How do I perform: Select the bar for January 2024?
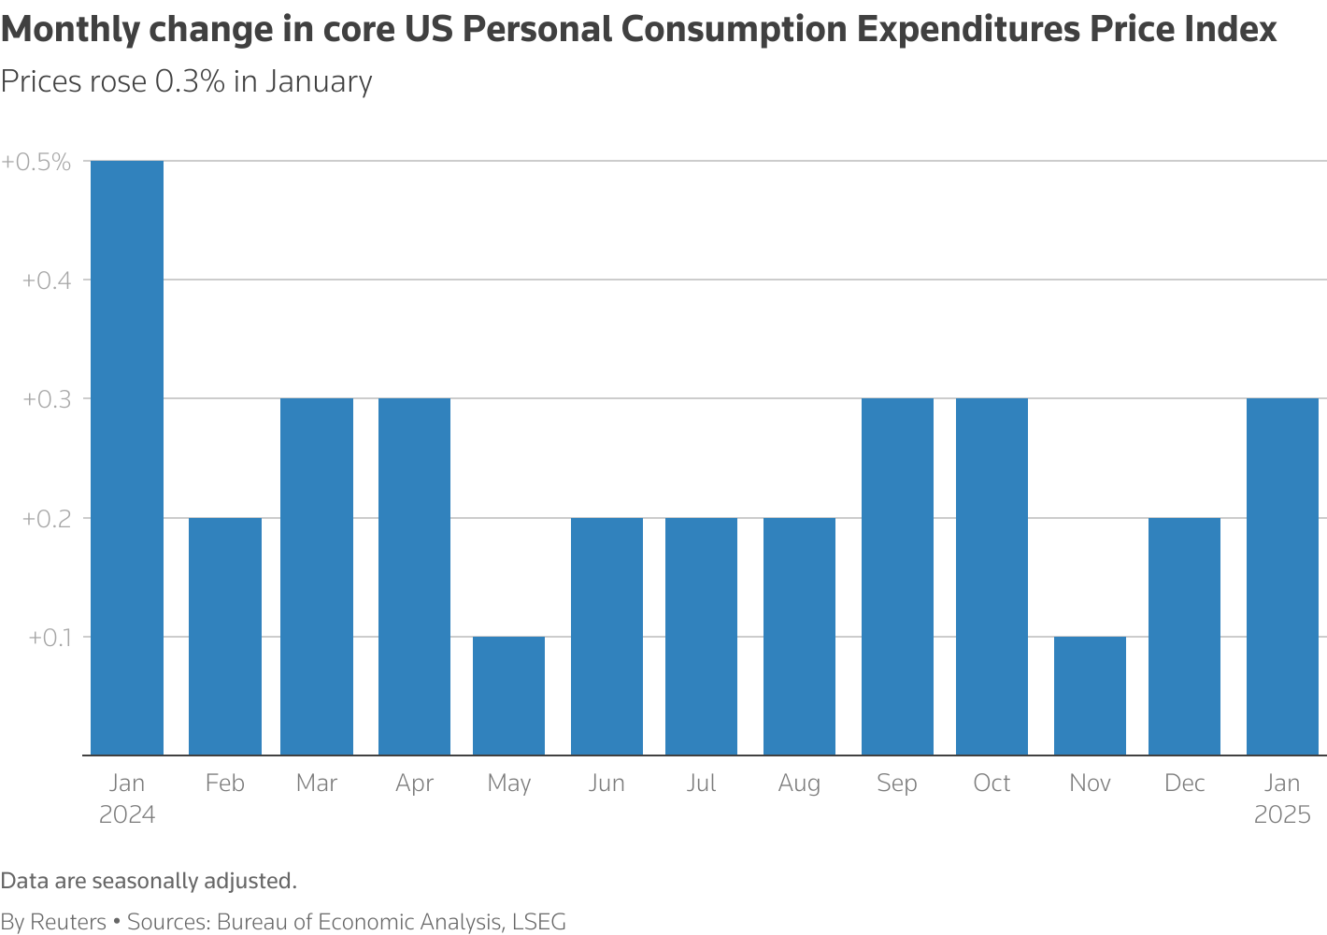pos(127,458)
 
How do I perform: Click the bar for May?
pos(508,696)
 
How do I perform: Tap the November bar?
pos(1090,696)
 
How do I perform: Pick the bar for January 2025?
pos(1282,577)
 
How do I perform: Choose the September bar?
pos(897,577)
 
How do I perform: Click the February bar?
pos(225,636)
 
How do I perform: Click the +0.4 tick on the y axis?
pos(47,280)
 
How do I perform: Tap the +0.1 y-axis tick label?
pos(50,638)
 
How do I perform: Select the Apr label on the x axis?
pos(414,784)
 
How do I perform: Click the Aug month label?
pos(799,784)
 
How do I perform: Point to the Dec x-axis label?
pos(1184,784)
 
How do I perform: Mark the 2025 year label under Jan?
pos(1282,814)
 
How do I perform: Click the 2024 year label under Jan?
pos(127,814)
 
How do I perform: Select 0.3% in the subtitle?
pos(190,82)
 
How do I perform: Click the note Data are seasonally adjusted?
pos(149,881)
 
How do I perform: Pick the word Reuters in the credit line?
pos(68,922)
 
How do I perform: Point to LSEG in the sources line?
pos(538,922)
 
